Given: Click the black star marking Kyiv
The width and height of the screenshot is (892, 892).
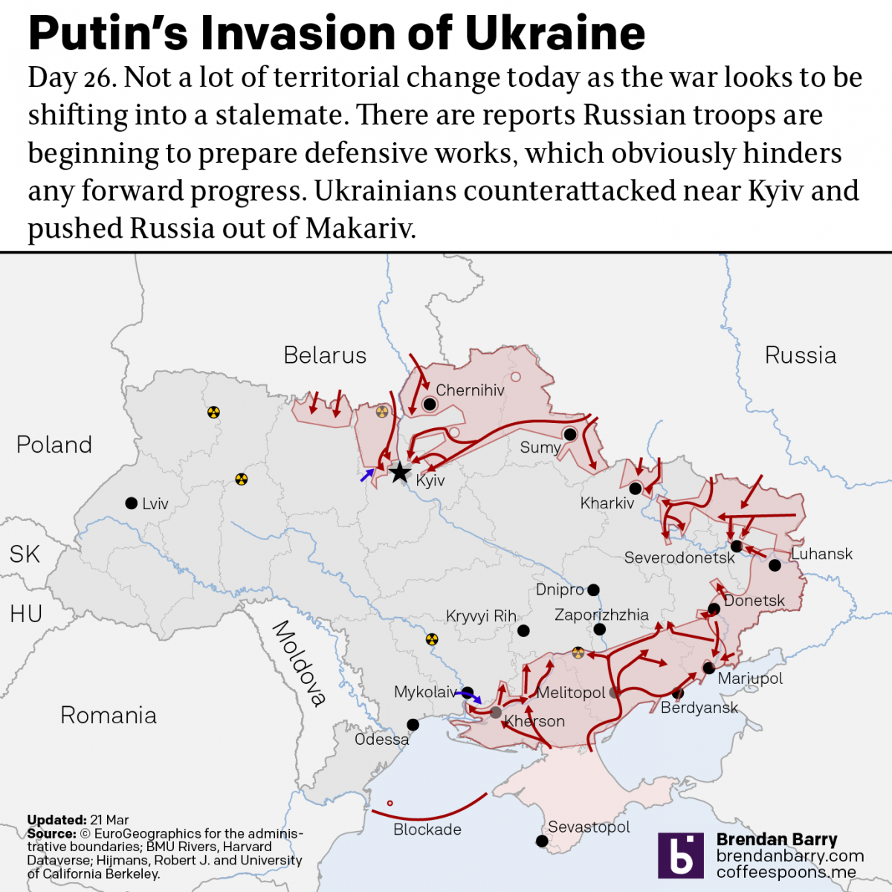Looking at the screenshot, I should [400, 471].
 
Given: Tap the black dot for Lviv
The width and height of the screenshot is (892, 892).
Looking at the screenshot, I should [132, 503].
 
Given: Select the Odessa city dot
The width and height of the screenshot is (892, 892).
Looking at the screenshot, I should [413, 725].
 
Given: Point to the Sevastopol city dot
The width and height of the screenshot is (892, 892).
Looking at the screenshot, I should [542, 841].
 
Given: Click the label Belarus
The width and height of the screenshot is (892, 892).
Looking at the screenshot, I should [325, 355].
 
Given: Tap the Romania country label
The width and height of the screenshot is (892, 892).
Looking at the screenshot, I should [109, 715].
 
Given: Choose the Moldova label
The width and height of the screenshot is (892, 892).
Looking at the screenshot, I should [299, 663].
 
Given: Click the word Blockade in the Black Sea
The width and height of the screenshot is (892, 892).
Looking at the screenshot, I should [427, 830].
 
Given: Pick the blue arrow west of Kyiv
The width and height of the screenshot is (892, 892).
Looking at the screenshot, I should [366, 475].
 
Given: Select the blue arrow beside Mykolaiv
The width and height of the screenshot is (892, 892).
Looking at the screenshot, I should [471, 696].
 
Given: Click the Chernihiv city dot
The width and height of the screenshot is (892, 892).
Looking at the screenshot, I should [429, 404].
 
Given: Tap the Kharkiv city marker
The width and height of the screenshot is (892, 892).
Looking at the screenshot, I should [636, 488].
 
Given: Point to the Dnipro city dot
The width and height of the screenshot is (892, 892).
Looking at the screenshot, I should [593, 590].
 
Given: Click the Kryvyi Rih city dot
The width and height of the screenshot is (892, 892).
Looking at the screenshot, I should [523, 630].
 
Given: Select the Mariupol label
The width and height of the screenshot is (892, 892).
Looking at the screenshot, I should [750, 678].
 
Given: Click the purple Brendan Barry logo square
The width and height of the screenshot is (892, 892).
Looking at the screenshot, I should [680, 856].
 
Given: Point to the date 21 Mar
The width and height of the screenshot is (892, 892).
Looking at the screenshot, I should [109, 820].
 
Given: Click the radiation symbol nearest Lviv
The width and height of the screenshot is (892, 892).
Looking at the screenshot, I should [241, 479].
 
